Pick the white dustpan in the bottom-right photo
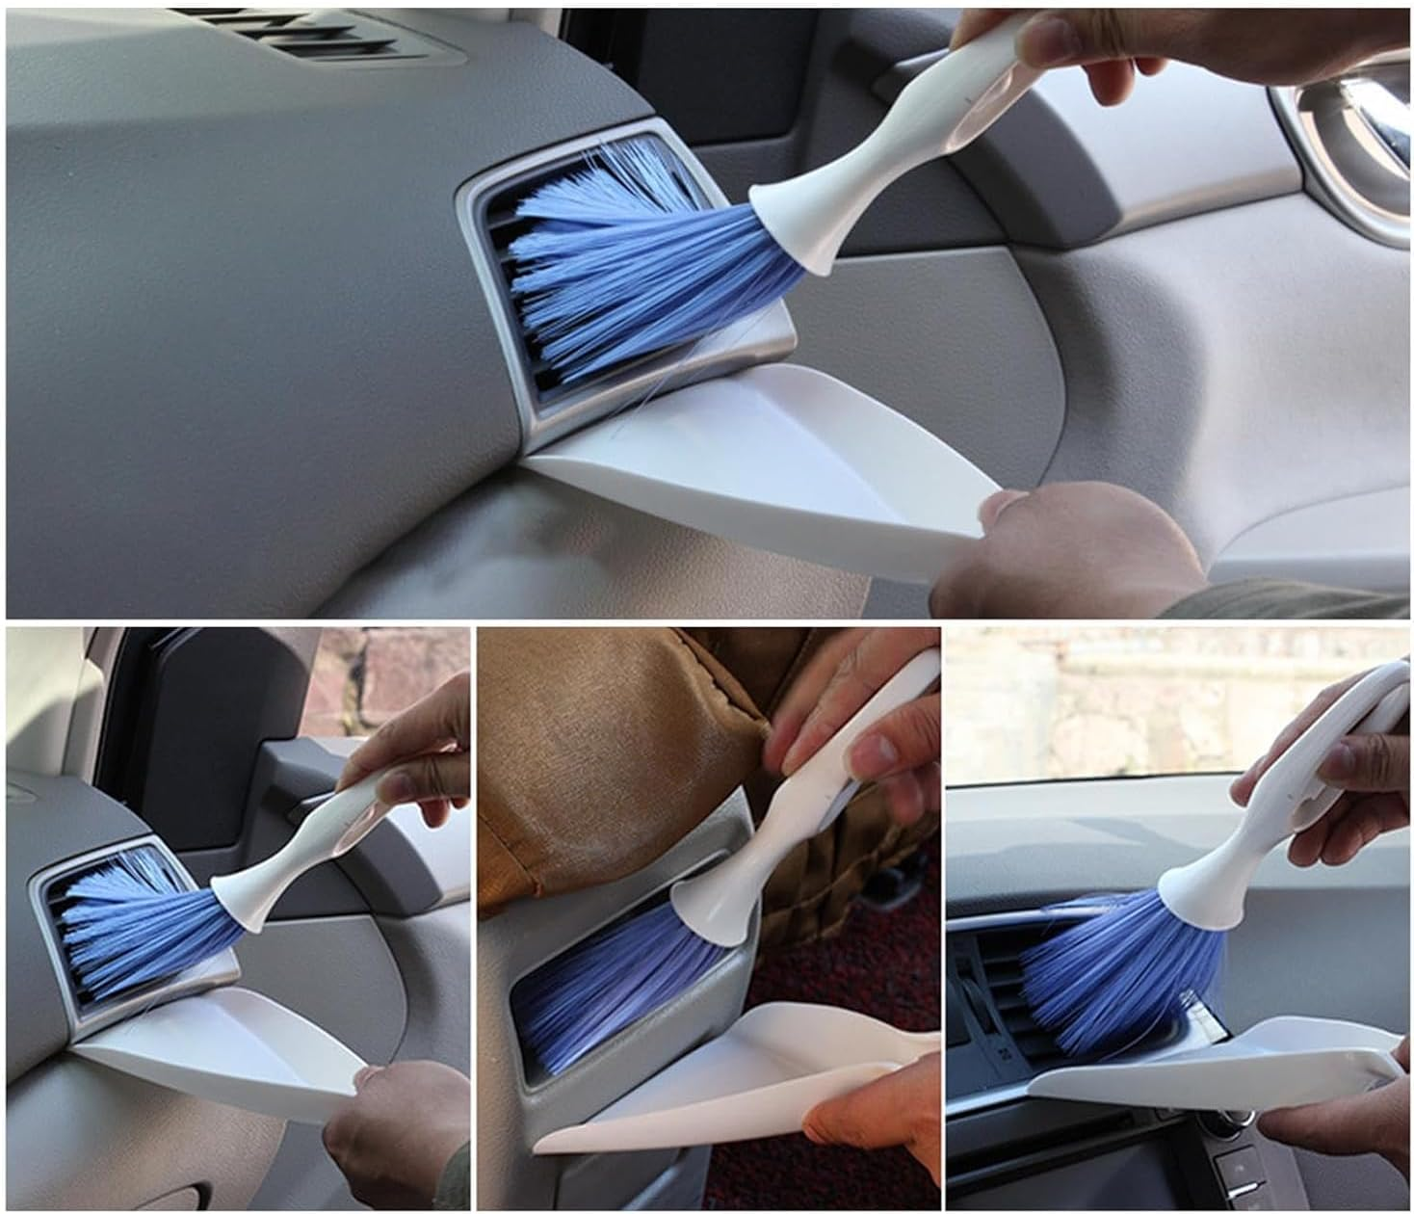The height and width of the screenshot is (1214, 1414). [1204, 1069]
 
